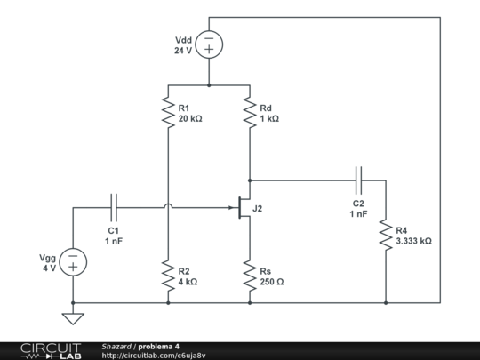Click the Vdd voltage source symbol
click(209, 44)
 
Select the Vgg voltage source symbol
click(73, 261)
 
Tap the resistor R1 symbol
click(167, 113)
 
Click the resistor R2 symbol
click(167, 276)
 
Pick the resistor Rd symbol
click(250, 113)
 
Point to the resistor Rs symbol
click(250, 276)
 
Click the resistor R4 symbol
click(386, 235)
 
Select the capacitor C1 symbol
click(114, 208)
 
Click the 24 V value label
click(183, 51)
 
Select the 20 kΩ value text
click(190, 118)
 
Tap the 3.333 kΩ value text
click(413, 241)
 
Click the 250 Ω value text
click(272, 282)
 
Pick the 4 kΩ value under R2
click(188, 282)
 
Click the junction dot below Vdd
click(209, 86)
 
